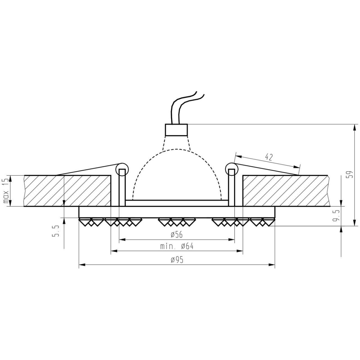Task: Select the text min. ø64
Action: click(177, 246)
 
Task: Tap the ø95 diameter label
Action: click(177, 260)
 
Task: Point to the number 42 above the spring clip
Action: click(269, 157)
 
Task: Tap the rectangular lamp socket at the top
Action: click(177, 130)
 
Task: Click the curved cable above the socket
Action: click(183, 105)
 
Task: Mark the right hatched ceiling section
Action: click(285, 191)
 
